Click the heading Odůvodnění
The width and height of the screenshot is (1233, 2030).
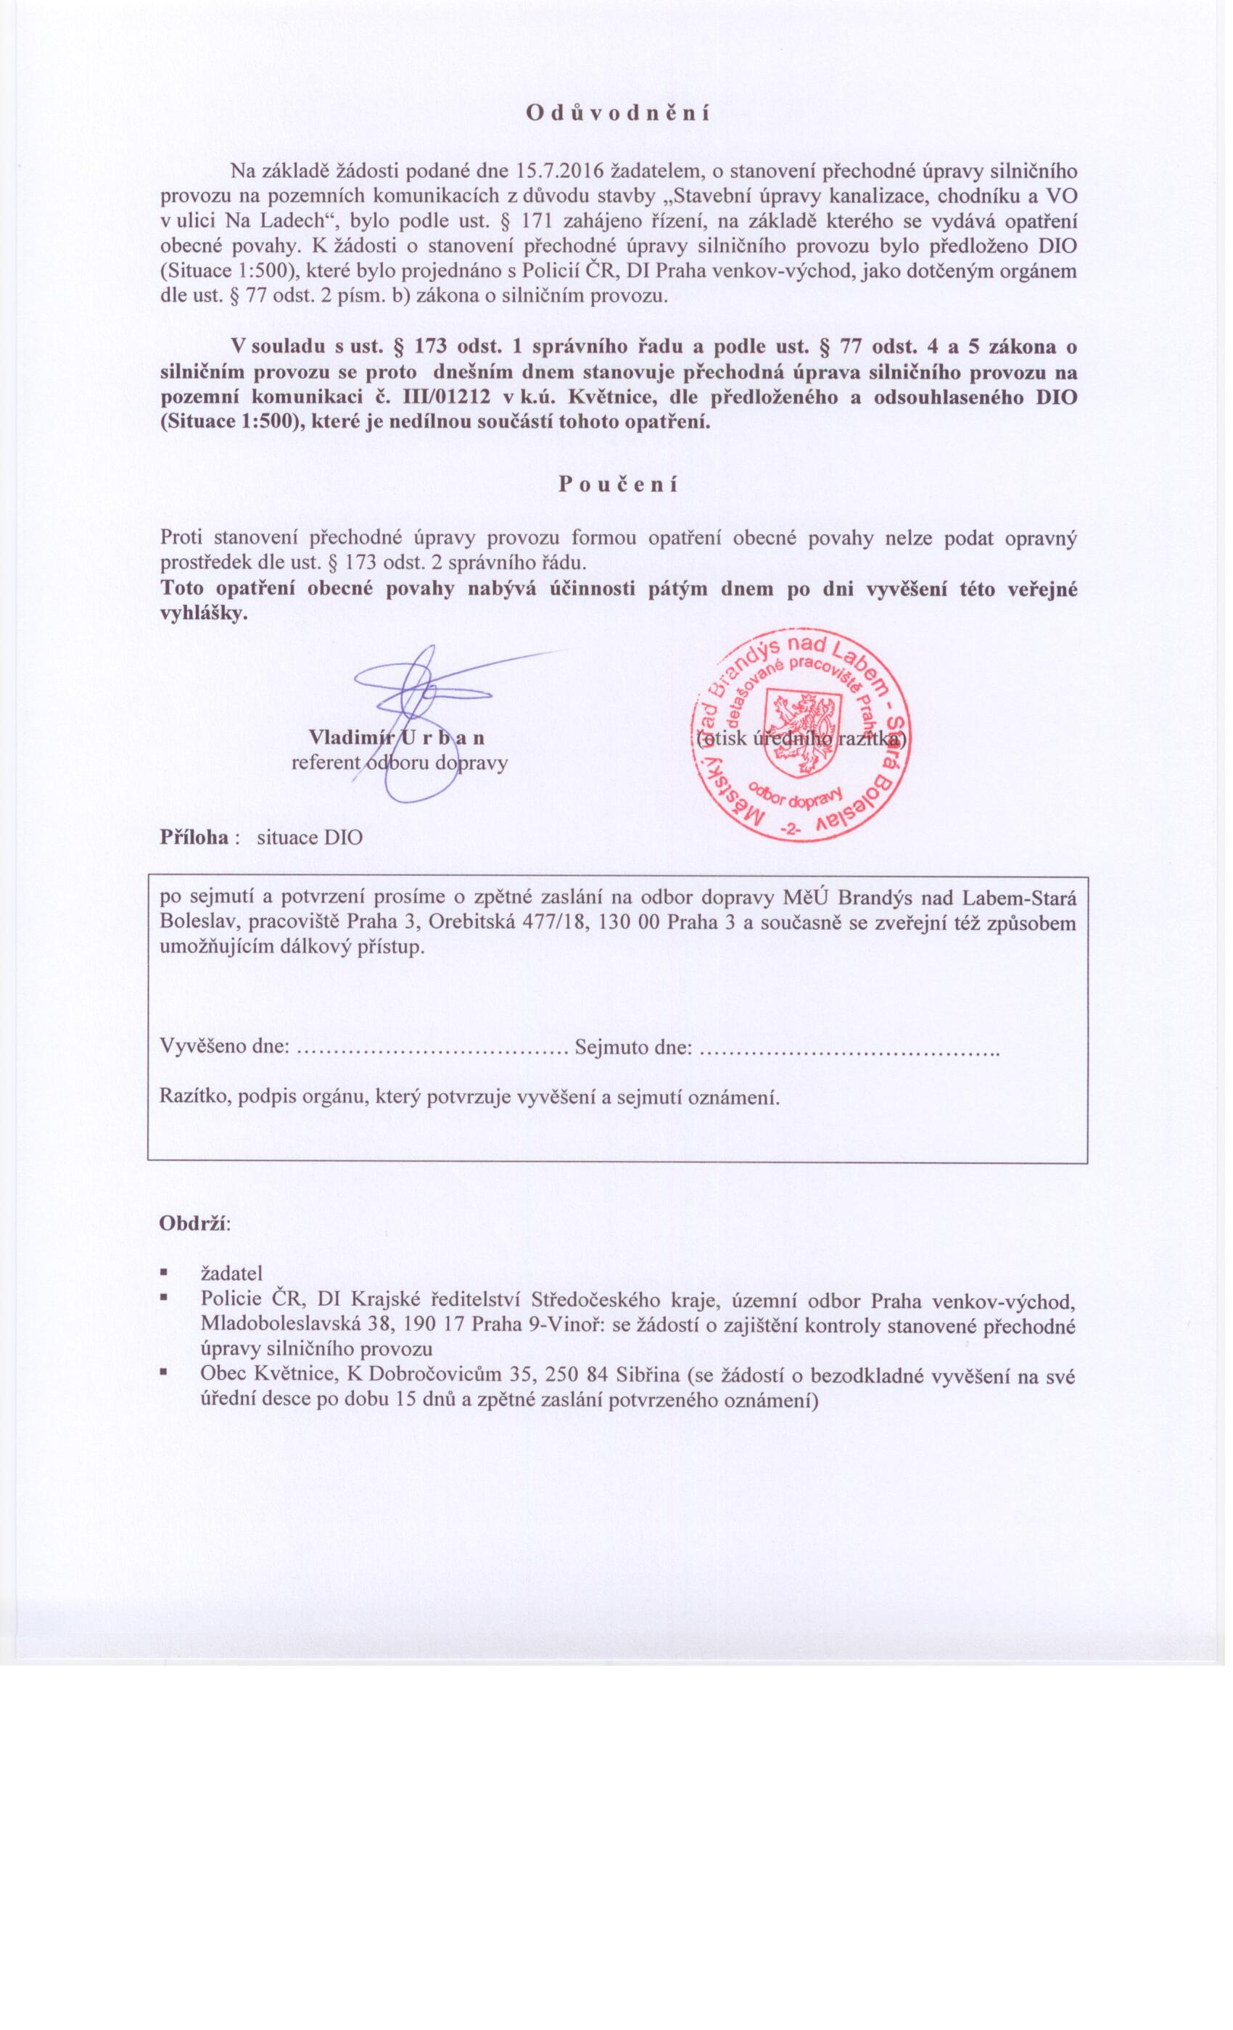point(617,113)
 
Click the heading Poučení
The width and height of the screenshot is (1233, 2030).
point(617,484)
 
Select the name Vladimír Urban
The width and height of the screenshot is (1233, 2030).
point(395,736)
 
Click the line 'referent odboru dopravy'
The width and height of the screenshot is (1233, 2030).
point(400,762)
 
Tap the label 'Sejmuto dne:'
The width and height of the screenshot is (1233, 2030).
point(633,1047)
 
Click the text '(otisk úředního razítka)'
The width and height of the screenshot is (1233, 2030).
point(800,737)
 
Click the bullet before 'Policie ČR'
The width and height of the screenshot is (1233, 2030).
point(165,1298)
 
